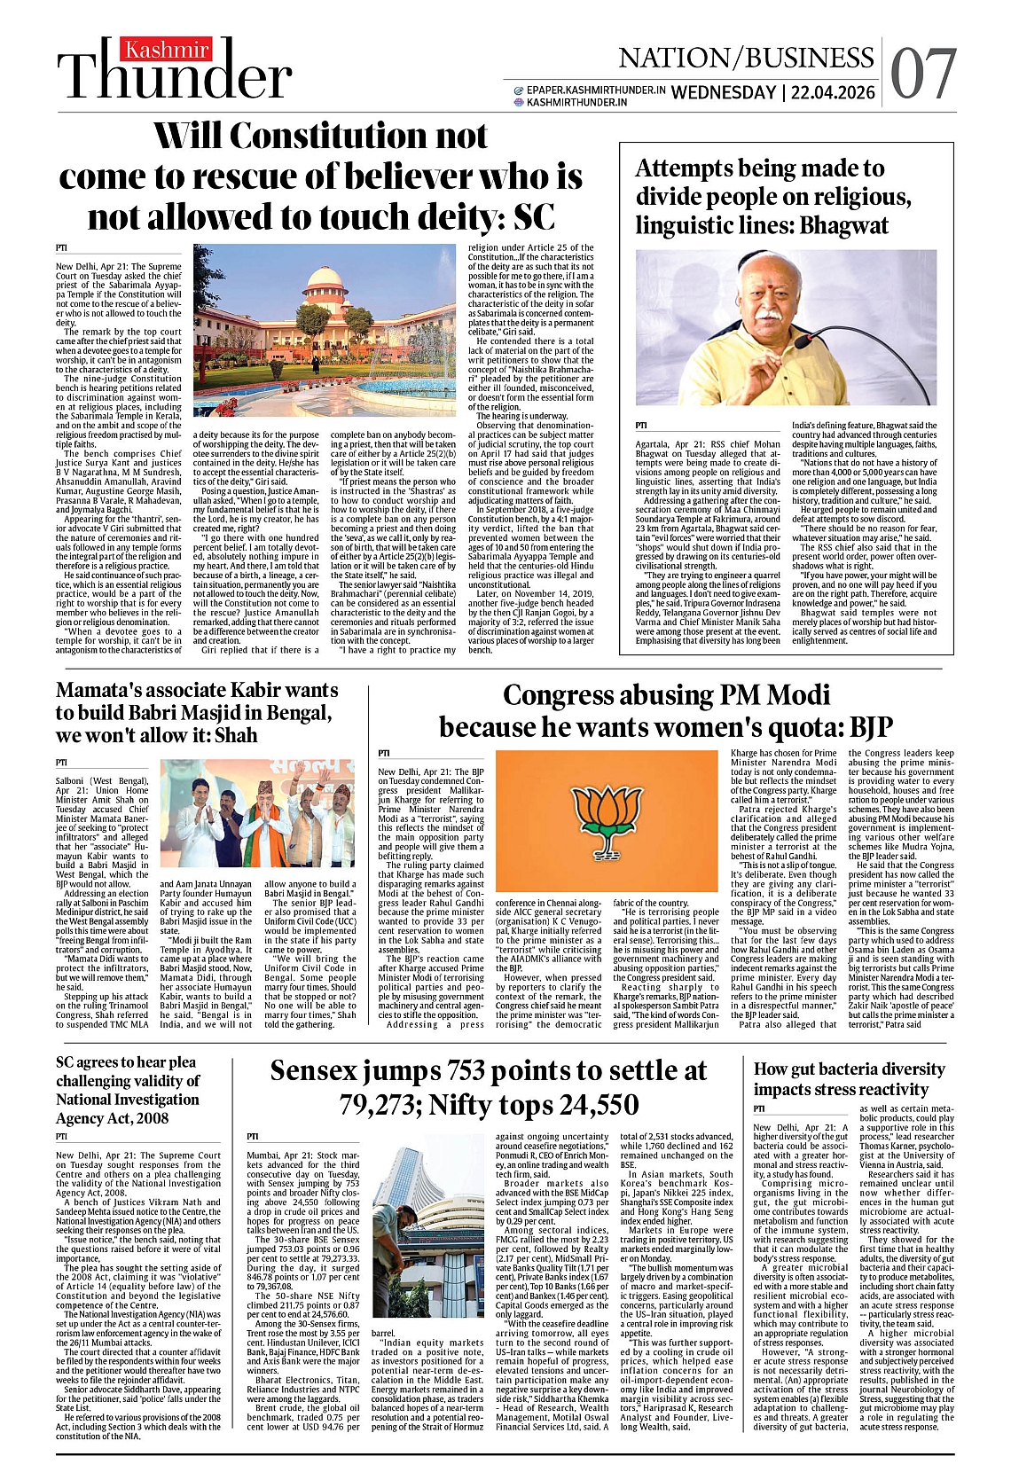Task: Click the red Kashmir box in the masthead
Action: pos(167,51)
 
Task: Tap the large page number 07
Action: pos(923,74)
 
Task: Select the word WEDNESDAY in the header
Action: pos(724,92)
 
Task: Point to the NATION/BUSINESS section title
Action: pos(746,59)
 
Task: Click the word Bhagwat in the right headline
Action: pos(844,225)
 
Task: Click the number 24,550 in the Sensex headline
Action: pos(596,1104)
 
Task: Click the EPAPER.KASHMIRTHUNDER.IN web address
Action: pos(596,90)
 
